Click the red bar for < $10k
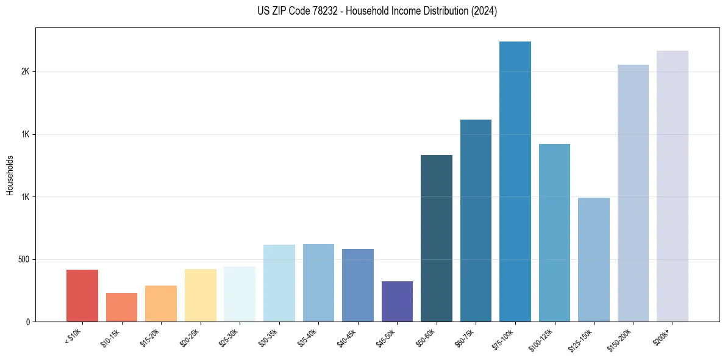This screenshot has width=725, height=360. pos(82,295)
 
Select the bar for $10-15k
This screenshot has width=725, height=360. pos(121,307)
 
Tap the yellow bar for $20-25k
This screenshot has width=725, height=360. pos(200,295)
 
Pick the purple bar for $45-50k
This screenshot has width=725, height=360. pos(397,301)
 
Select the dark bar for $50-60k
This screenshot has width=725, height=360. pos(437,238)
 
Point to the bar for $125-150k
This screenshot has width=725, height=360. pos(594,259)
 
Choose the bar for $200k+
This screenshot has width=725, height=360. pos(673,186)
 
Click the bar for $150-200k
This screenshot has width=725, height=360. pos(633,193)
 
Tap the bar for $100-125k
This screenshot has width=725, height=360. pos(554,232)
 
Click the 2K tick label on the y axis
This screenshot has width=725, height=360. pos(25,71)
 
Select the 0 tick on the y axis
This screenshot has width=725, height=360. pos(27,322)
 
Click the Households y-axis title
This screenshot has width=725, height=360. pos(10,175)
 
